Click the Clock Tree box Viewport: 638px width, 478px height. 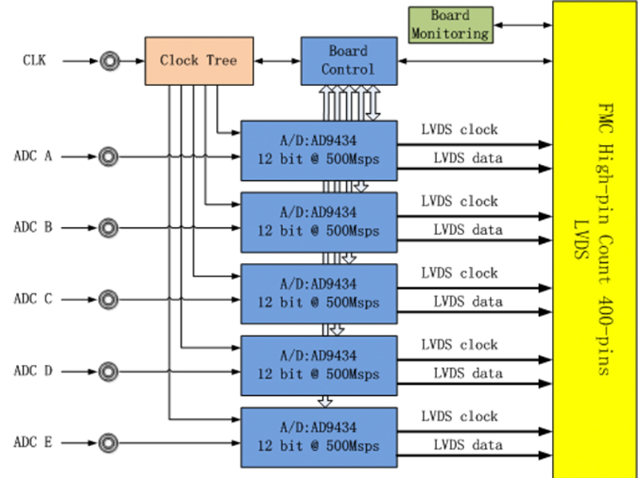[x=199, y=61]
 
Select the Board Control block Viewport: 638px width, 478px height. [x=349, y=61]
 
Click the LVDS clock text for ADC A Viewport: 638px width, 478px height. [x=459, y=130]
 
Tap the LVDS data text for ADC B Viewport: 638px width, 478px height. [x=467, y=230]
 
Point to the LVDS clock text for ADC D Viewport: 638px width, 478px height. [x=459, y=345]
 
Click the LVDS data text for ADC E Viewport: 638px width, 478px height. [x=467, y=445]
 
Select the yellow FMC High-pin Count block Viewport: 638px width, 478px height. [x=593, y=239]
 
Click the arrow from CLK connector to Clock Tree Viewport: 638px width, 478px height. [x=132, y=61]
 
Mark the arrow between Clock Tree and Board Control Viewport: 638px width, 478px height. [x=277, y=61]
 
